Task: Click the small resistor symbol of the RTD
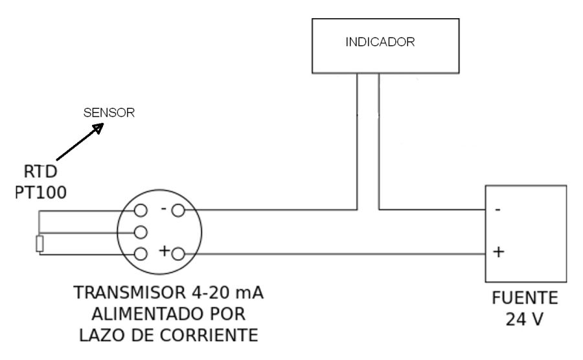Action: (40, 244)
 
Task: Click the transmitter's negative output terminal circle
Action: (178, 210)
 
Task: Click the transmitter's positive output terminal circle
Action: (179, 253)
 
